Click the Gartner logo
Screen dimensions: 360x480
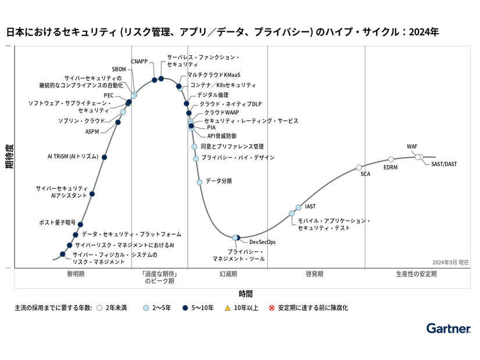coord(448,329)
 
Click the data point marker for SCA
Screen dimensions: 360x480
coord(359,167)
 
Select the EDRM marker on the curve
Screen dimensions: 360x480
coord(391,159)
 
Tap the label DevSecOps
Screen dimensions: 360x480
coord(262,242)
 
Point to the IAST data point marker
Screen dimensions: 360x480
coord(299,207)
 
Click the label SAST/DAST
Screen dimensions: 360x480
coord(444,164)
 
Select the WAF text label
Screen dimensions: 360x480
coord(412,146)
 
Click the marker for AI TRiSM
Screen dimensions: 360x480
coord(105,157)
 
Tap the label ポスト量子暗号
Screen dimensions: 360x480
coord(57,222)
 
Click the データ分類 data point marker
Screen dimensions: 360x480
coord(200,182)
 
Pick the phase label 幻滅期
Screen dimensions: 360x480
coord(228,273)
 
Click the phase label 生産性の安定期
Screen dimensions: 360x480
coord(416,273)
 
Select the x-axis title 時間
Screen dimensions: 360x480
coord(245,294)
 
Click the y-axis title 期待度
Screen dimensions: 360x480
coord(9,156)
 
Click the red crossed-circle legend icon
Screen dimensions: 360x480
coord(271,308)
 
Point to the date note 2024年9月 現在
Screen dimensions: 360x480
coord(450,262)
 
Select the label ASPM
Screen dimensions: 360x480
coord(92,131)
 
